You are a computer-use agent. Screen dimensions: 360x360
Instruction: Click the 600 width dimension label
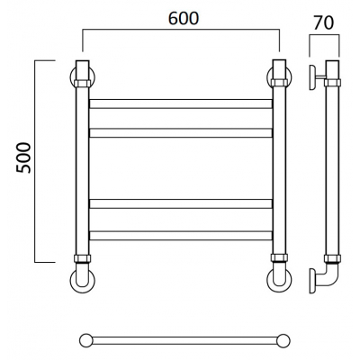click(x=184, y=19)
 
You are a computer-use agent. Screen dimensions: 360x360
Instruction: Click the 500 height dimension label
click(x=23, y=157)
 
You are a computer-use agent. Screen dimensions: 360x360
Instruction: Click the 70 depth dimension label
click(x=324, y=22)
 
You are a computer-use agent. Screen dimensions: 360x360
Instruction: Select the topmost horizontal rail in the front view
click(x=181, y=103)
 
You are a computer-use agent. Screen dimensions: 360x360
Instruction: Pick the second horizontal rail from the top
click(x=181, y=133)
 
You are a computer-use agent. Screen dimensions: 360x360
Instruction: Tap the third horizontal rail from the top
click(x=181, y=203)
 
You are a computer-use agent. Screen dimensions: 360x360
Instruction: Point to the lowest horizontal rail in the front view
click(x=181, y=236)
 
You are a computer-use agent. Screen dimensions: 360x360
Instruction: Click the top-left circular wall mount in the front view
click(x=72, y=77)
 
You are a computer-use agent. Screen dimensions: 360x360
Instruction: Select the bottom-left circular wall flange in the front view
click(x=72, y=281)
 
